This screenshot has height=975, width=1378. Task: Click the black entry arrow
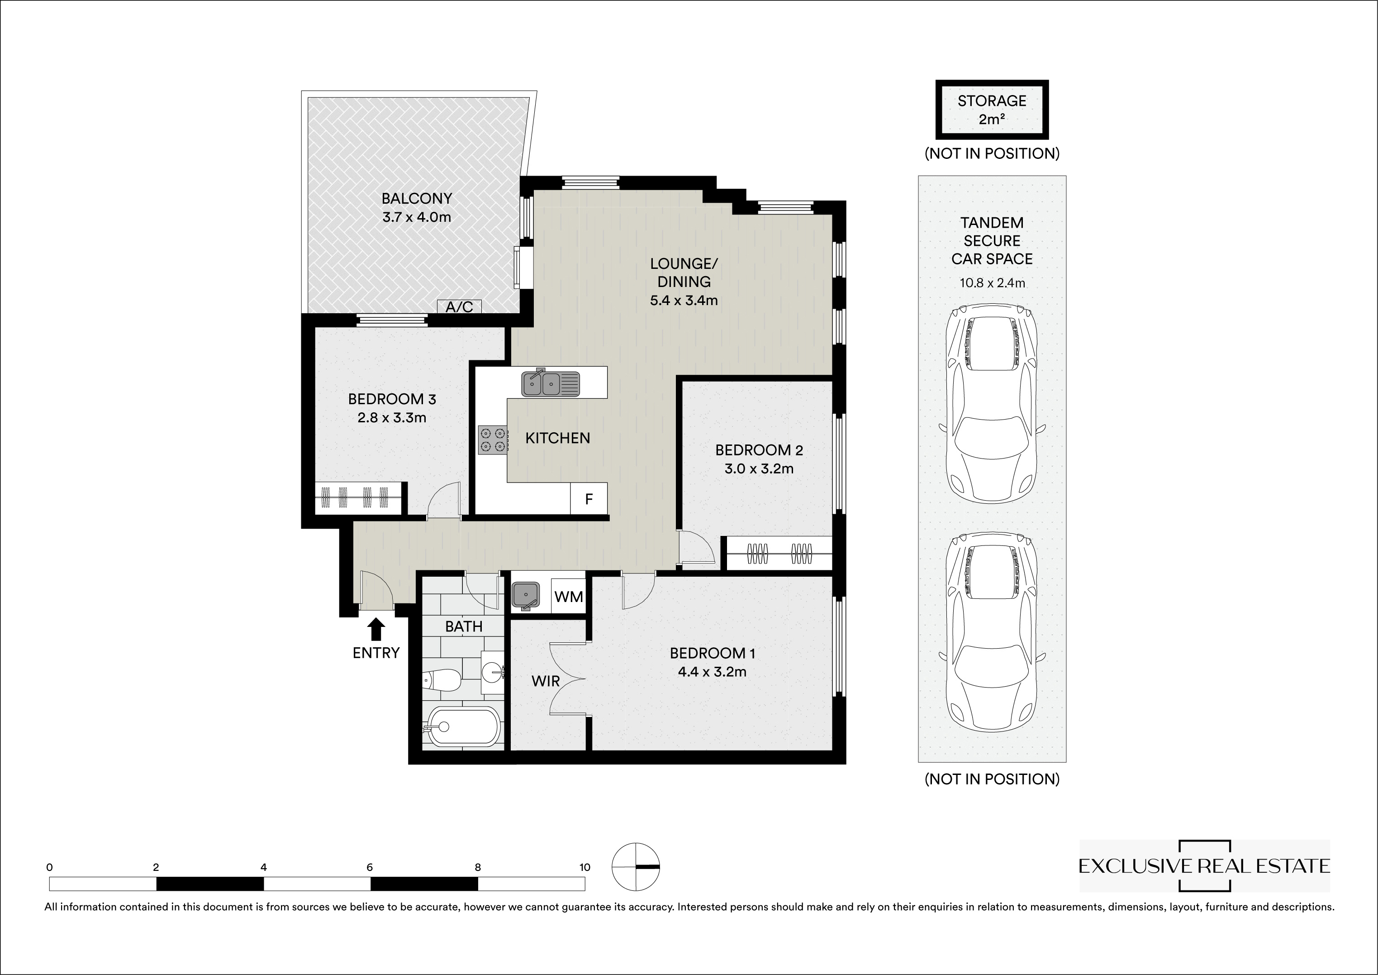376,630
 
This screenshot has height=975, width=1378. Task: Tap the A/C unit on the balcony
459,307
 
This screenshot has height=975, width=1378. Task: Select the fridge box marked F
589,498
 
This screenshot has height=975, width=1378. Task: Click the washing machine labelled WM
568,597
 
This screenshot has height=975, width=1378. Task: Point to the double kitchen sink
551,383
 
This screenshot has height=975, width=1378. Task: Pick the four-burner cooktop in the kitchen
492,440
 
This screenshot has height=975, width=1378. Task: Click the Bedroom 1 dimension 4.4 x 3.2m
713,672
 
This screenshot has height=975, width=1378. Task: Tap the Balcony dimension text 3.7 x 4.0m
417,217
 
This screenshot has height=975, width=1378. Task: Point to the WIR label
546,681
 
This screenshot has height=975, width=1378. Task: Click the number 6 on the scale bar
370,867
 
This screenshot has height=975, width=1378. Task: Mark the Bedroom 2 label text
759,449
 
